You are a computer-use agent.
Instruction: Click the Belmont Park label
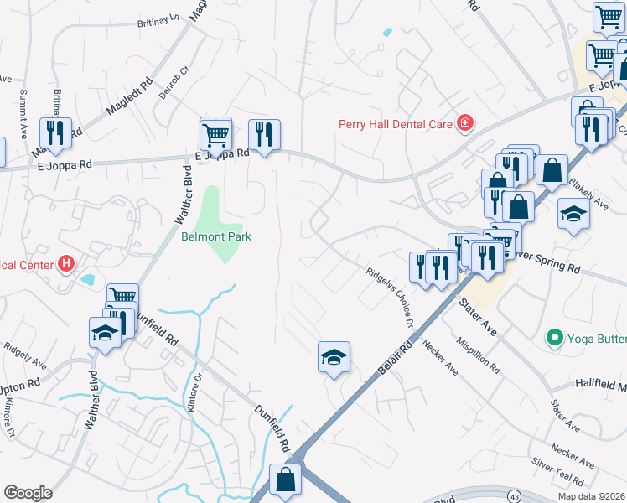pyautogui.click(x=216, y=236)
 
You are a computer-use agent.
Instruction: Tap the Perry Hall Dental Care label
pyautogui.click(x=394, y=124)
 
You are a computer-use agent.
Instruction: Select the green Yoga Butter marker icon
pyautogui.click(x=553, y=338)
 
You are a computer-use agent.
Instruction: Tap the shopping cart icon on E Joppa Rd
pyautogui.click(x=215, y=133)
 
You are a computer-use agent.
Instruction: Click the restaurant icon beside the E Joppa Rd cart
pyautogui.click(x=264, y=134)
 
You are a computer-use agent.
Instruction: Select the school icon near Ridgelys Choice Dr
pyautogui.click(x=333, y=357)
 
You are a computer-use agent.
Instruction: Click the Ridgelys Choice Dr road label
pyautogui.click(x=390, y=298)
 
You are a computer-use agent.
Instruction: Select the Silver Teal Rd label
pyautogui.click(x=557, y=473)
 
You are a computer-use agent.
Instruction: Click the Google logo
pyautogui.click(x=28, y=493)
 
